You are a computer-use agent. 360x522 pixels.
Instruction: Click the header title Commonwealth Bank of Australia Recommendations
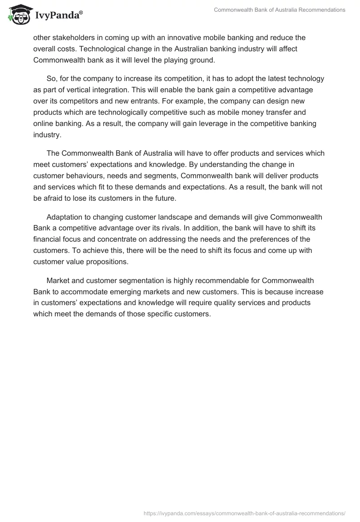279,9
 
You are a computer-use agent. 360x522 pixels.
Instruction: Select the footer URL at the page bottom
244,513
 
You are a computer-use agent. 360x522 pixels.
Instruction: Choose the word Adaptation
64,217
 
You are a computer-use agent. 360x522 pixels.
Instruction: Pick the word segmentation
144,280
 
